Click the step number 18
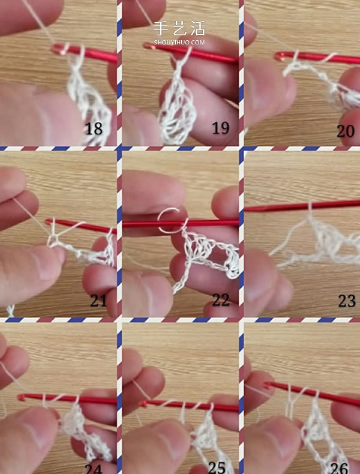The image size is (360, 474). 94,128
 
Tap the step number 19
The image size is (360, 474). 221,128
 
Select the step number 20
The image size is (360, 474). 346,131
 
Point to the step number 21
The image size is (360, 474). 98,300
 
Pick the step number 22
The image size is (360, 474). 221,300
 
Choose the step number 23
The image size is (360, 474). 347,301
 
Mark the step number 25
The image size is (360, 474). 217,468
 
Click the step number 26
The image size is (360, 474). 339,468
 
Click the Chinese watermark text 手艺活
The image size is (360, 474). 179,28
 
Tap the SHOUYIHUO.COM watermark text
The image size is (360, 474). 179,43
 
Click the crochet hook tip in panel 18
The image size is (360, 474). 55,49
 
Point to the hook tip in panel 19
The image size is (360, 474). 147,46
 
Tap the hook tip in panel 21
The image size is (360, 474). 49,222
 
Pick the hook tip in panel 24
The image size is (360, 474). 21,397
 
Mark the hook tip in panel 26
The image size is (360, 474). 267,385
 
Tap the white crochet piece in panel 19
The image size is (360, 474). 177,109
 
